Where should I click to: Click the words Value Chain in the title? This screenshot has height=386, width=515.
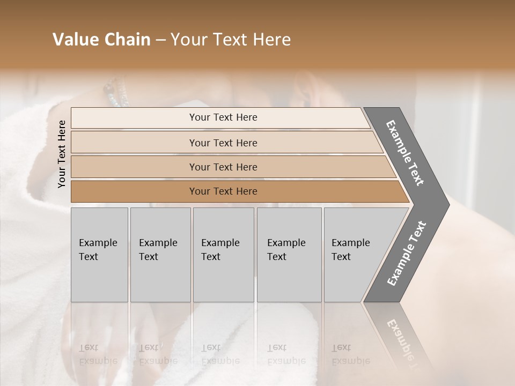pos(101,40)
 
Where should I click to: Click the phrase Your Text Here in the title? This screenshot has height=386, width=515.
pos(231,40)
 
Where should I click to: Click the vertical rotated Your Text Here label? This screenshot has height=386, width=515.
pos(62,154)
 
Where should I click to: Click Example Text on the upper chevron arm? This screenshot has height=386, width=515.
pos(405,153)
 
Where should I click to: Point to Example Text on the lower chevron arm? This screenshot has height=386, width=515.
pos(407,253)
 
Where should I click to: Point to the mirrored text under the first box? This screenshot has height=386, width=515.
pos(97,354)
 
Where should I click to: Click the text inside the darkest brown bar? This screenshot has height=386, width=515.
pos(223,191)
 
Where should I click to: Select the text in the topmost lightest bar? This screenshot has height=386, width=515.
pos(223,117)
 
